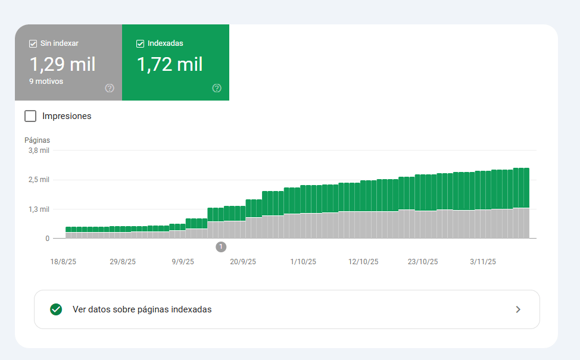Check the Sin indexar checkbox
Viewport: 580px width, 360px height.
(x=33, y=43)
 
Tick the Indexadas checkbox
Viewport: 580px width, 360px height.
(x=140, y=43)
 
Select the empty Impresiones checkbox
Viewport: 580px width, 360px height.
(x=30, y=116)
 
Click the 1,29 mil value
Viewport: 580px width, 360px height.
(x=63, y=64)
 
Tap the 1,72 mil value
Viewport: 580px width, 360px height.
(x=170, y=64)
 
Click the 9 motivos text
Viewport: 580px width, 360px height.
(x=46, y=82)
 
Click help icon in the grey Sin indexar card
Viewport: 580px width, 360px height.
(x=110, y=88)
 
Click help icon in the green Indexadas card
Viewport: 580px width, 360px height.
(x=217, y=88)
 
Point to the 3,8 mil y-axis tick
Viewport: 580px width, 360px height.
(x=39, y=151)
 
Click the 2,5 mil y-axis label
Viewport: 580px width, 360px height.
(x=39, y=180)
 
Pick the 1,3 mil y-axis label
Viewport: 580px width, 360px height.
(x=39, y=209)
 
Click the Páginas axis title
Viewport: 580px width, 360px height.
(x=37, y=140)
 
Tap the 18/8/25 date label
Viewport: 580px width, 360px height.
(x=63, y=262)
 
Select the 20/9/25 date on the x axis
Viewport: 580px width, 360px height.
(x=243, y=262)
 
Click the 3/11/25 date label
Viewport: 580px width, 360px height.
(x=483, y=262)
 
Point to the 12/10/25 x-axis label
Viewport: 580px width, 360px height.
(x=363, y=262)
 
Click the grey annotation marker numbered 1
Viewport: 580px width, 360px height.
(x=221, y=247)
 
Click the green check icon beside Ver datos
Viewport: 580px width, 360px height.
(x=56, y=309)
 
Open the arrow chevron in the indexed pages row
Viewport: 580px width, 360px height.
(x=518, y=309)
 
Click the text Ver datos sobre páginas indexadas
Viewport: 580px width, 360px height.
(x=142, y=309)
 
